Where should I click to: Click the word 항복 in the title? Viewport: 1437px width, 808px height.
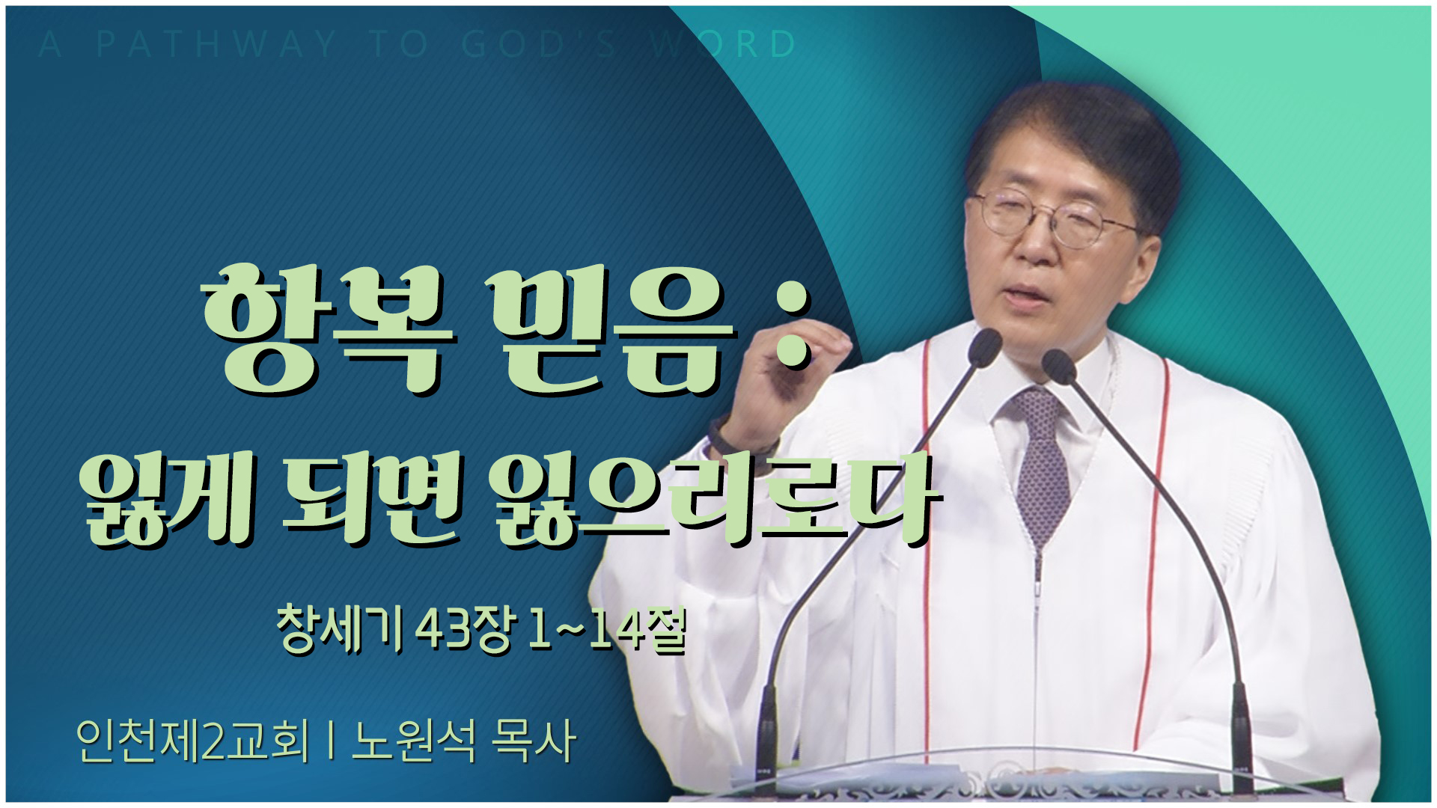pos(329,337)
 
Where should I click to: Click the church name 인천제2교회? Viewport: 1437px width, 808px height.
pos(192,741)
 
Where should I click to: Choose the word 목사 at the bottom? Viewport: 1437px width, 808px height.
pos(532,741)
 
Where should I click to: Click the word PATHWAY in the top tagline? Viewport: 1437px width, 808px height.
pos(217,44)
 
